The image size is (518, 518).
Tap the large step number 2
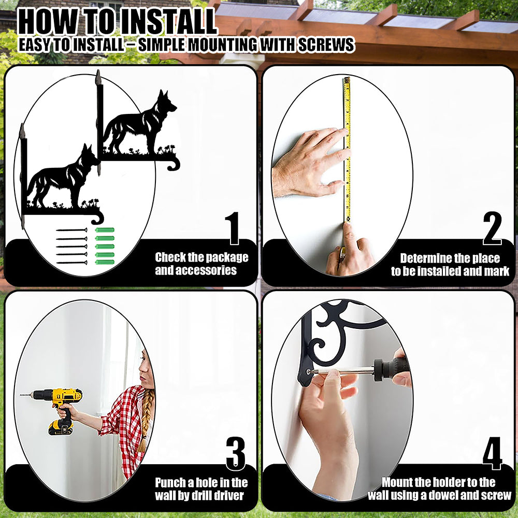tap(492, 228)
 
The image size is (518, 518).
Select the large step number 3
tap(236, 454)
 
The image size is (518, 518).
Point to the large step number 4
tap(492, 454)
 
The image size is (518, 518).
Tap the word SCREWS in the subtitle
tap(326, 45)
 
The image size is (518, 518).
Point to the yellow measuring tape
tap(347, 149)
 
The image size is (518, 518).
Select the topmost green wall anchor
tap(105, 230)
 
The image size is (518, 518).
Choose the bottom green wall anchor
tap(105, 262)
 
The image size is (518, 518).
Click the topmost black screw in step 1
tap(71, 230)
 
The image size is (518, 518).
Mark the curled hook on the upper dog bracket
tap(174, 164)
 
